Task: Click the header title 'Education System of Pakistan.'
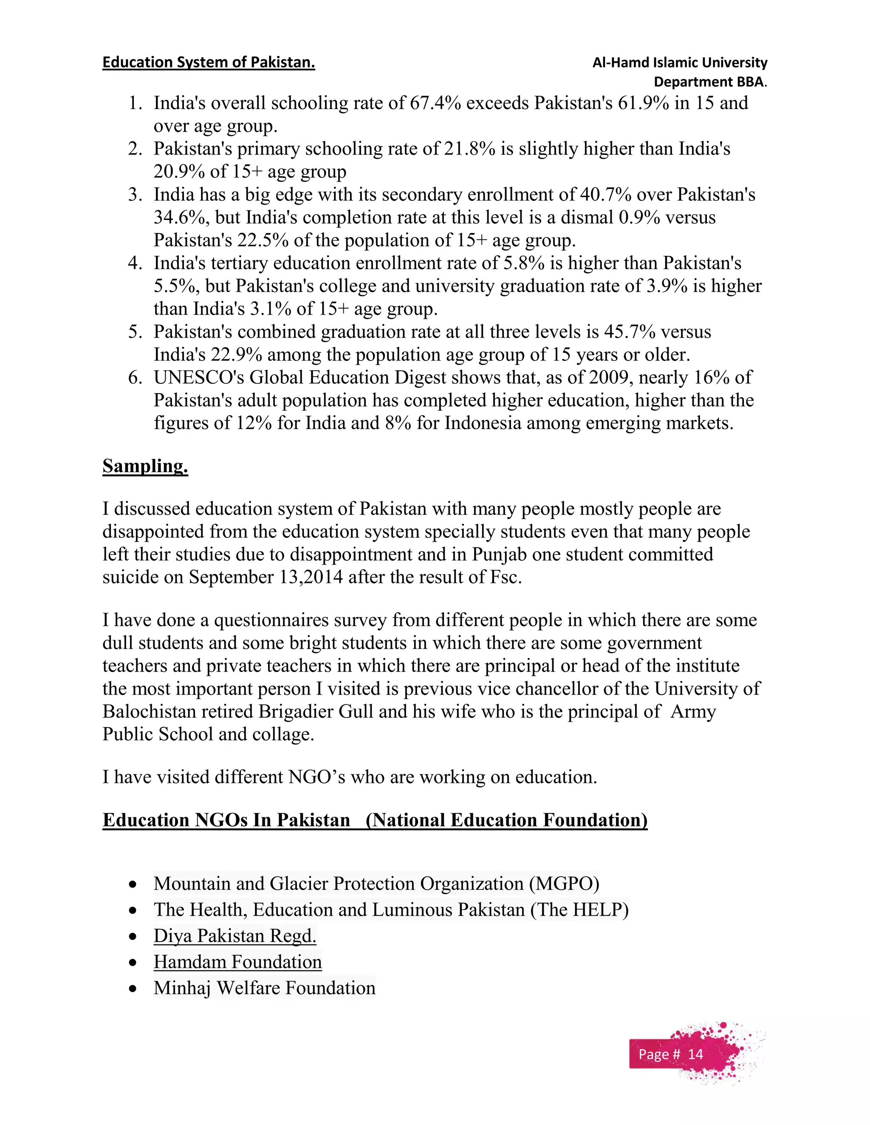pos(208,62)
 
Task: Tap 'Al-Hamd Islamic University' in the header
pos(679,63)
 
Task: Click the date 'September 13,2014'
pos(266,577)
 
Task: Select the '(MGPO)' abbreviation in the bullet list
pos(564,883)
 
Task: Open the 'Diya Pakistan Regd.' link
pos(234,935)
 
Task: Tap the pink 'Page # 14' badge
pos(670,1055)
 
